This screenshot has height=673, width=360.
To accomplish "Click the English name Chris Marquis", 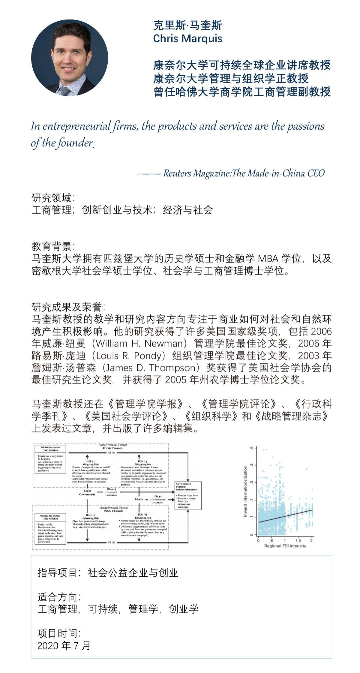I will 187,39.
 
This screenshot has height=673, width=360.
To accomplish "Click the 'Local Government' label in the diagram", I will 87,492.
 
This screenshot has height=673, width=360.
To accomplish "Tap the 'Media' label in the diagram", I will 139,499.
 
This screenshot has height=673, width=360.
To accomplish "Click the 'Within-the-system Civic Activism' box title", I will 50,448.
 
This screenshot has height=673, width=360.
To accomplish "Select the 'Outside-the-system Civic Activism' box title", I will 50,517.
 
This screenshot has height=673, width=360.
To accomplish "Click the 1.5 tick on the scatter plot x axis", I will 298,541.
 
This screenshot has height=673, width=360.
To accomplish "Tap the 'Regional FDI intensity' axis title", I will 285,546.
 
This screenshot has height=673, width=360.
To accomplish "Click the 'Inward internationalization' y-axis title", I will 245,491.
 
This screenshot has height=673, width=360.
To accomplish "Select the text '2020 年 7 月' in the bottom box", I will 64,645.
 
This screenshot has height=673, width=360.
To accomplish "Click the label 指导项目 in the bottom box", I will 57,573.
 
